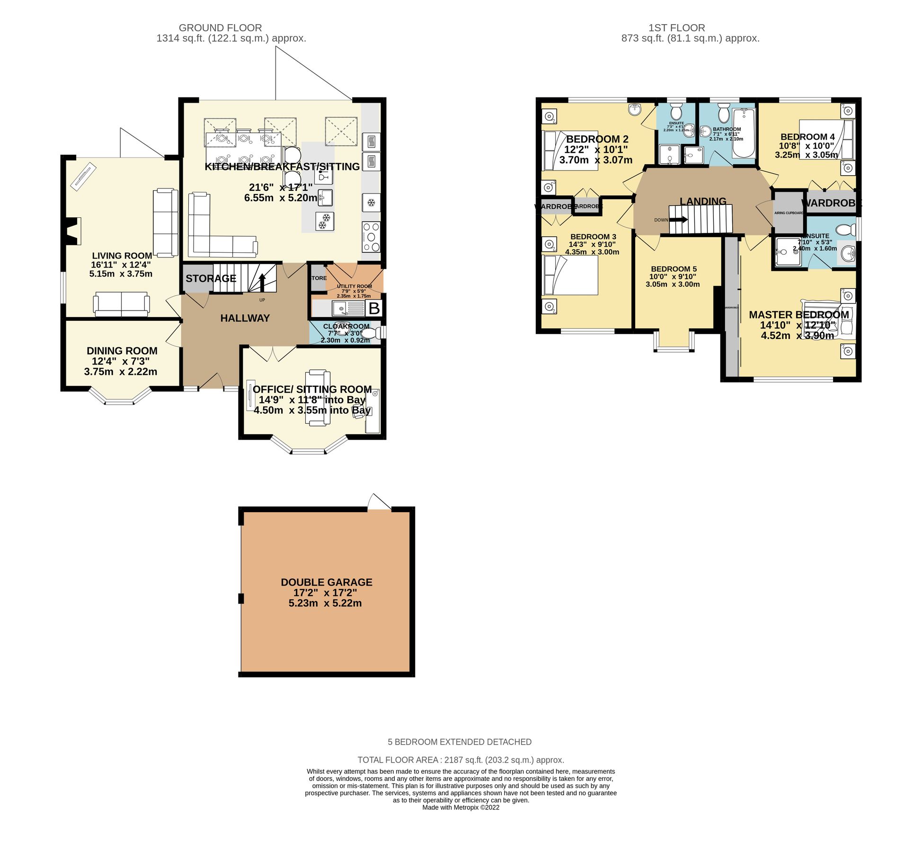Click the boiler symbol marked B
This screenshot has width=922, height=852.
(374, 309)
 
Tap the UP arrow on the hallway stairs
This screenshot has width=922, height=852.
(262, 283)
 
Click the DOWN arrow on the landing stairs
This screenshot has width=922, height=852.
(679, 220)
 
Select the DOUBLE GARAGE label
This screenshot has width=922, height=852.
(327, 582)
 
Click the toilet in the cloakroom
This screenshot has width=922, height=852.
(372, 333)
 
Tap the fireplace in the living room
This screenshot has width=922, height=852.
(73, 231)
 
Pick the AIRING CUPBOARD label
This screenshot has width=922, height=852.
(789, 213)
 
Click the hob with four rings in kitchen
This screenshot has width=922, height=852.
(371, 237)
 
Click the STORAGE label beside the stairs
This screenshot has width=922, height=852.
(211, 278)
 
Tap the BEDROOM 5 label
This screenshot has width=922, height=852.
(674, 269)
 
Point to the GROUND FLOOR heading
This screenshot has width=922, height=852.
(220, 28)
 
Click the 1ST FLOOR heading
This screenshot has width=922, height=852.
(676, 28)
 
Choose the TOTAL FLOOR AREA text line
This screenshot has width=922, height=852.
(461, 760)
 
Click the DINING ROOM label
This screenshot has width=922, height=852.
(122, 351)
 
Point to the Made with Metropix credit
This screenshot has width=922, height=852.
(461, 808)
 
